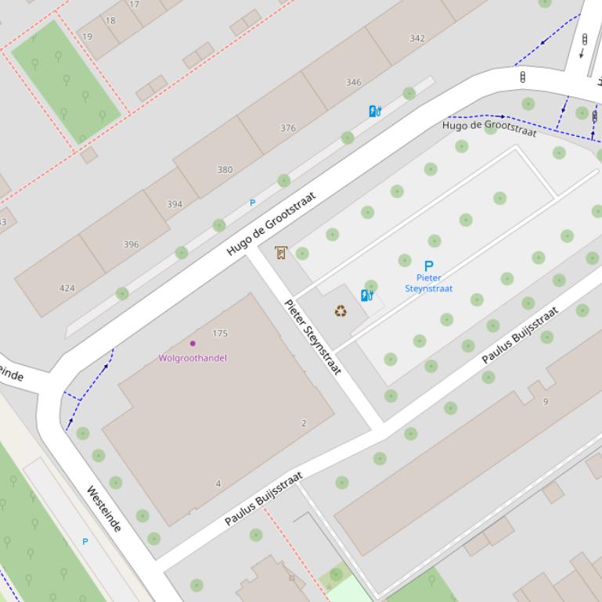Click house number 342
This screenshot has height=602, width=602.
(417, 38)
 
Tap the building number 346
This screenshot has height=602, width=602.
(354, 82)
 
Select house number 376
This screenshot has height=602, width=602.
(288, 128)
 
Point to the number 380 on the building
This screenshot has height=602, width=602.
(225, 170)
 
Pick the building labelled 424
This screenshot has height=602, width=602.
(67, 288)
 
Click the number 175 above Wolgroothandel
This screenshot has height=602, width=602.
(220, 334)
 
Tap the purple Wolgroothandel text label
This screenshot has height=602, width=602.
(193, 358)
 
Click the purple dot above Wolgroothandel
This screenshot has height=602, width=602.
(193, 343)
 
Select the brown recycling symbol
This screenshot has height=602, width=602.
(341, 311)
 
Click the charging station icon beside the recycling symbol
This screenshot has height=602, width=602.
(366, 296)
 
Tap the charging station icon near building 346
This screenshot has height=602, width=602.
(375, 111)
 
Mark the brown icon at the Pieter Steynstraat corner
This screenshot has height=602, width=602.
(281, 253)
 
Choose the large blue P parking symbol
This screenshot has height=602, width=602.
(428, 266)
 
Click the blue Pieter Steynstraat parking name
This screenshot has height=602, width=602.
(428, 283)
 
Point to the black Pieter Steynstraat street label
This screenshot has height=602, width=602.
(312, 337)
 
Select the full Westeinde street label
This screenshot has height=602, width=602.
(103, 509)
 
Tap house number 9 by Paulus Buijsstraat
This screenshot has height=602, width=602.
(546, 402)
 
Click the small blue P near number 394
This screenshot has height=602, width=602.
(252, 203)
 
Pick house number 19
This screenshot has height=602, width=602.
(87, 37)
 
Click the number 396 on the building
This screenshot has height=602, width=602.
(131, 245)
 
